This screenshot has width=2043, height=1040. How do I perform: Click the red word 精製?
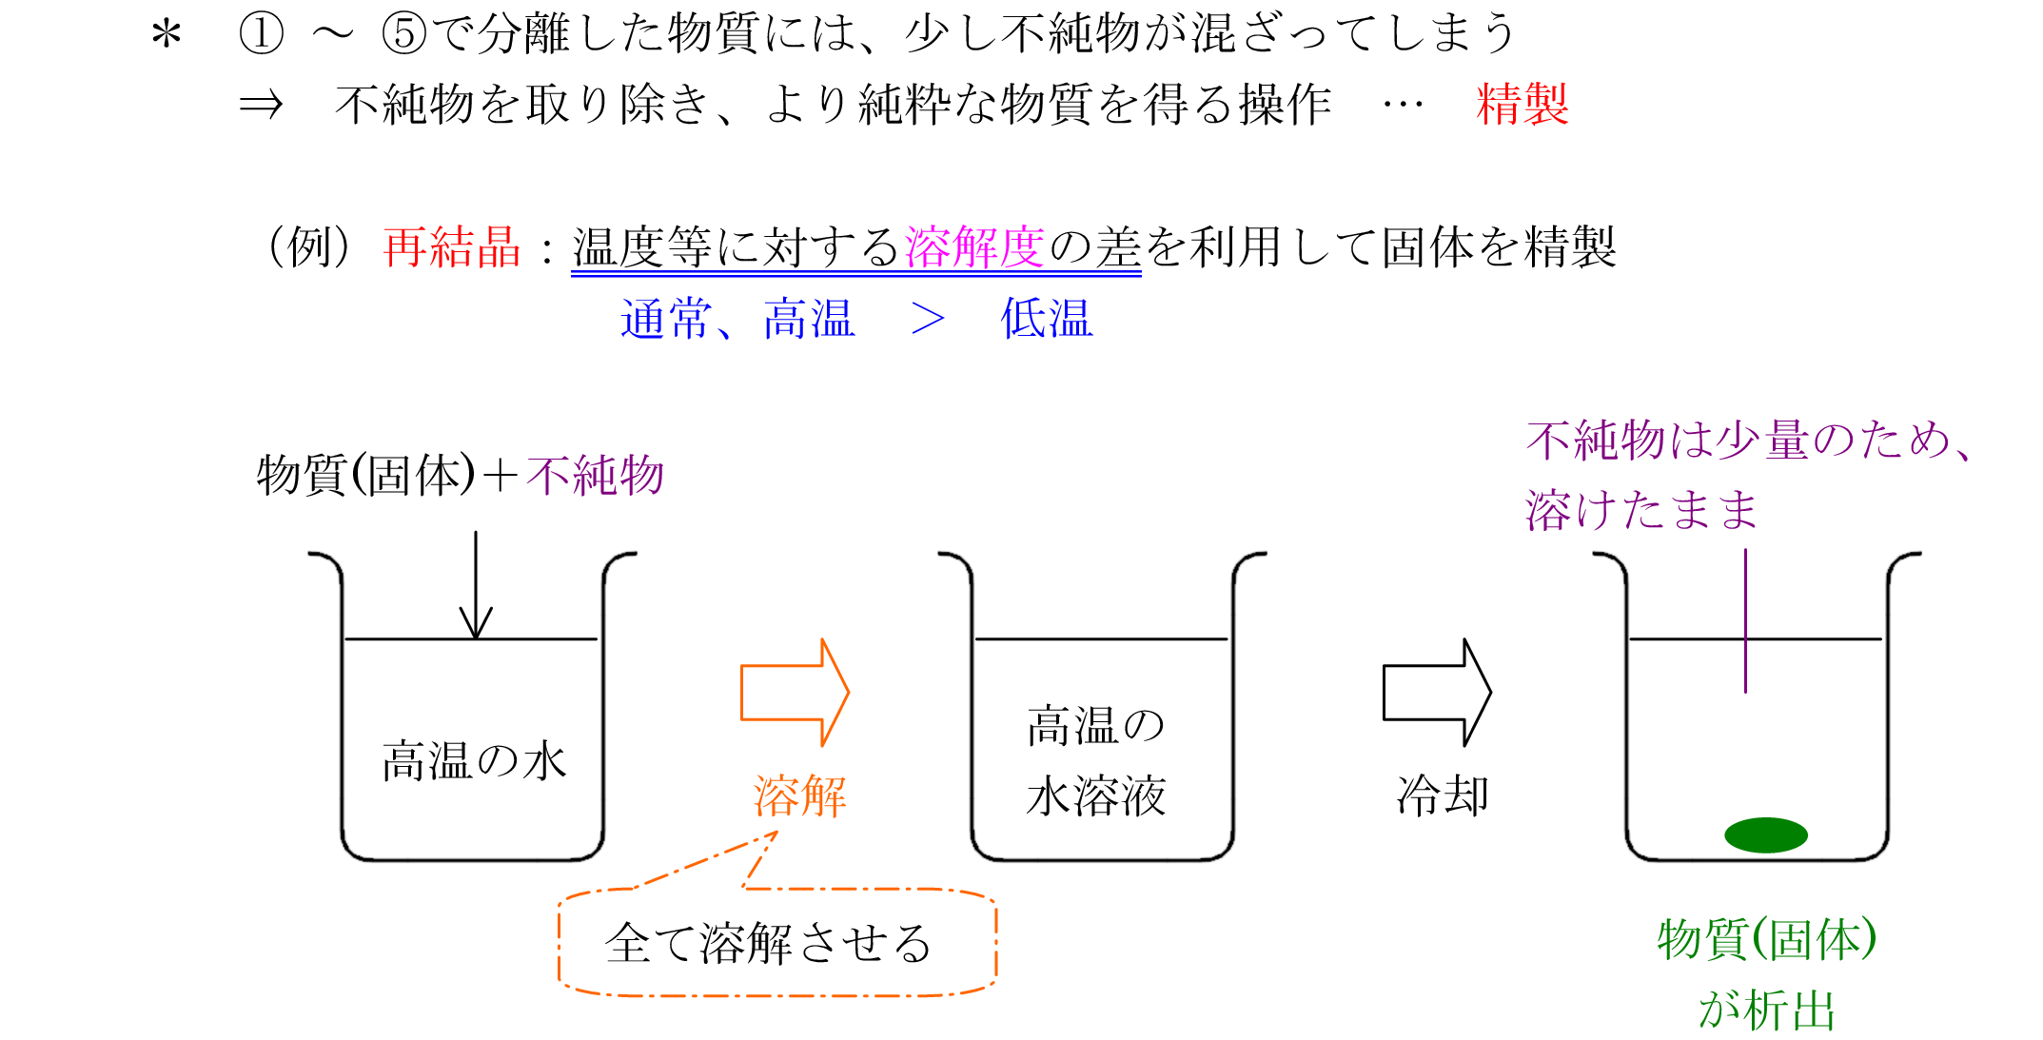1522,104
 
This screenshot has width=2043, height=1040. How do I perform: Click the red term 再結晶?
452,247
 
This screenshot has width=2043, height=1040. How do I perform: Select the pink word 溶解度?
974,247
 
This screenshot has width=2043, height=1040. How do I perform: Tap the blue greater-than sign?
927,320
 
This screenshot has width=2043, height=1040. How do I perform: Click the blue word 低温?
1046,319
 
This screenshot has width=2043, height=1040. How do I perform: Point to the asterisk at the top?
167,36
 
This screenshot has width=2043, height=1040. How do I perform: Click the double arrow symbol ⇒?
261,105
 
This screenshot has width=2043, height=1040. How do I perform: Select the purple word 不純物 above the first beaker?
595,475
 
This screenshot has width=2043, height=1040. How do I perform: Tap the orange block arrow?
794,692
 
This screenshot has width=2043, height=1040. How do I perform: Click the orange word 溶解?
799,795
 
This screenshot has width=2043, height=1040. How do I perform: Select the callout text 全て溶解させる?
768,943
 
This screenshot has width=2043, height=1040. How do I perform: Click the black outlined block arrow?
1436,692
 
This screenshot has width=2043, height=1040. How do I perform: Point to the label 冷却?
1442,795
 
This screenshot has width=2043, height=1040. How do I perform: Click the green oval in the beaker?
1765,834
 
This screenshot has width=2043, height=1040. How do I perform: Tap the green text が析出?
1766,1010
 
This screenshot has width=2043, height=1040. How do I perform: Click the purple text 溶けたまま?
1641,510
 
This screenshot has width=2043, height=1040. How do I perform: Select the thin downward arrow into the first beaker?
475,585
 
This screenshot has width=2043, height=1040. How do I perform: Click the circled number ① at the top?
261,34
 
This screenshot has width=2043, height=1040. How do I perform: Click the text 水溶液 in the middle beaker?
1095,795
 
